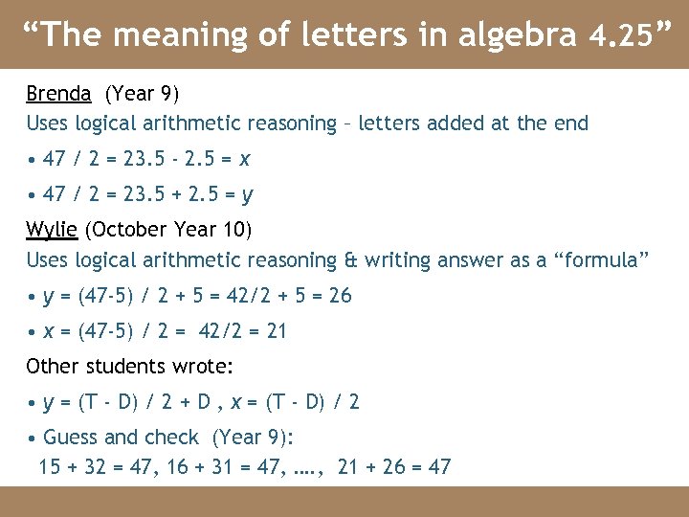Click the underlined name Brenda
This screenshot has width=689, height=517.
(58, 94)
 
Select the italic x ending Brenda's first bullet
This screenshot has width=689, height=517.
(245, 159)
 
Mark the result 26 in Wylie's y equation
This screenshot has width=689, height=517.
(341, 297)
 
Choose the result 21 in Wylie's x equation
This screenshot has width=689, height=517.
(277, 332)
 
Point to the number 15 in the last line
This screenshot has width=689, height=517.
(50, 467)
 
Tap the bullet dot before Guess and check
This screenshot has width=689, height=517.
(32, 438)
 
